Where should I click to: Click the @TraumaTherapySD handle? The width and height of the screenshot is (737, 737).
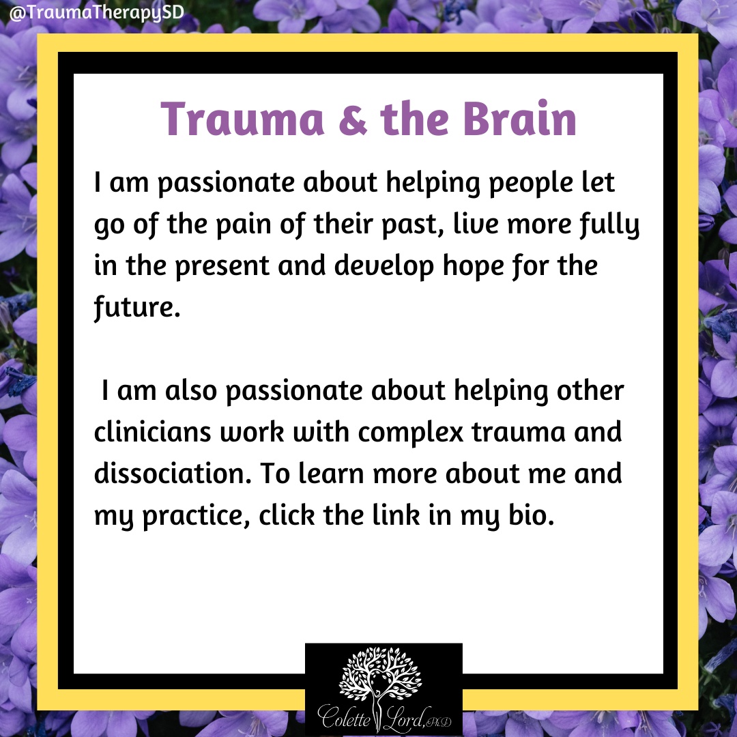coord(96,13)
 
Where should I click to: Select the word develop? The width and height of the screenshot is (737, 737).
coord(384,266)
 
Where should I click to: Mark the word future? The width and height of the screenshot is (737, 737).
coord(136,308)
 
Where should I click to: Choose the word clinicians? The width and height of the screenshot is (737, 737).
coord(152,433)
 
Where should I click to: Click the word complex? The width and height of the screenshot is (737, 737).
coord(411,433)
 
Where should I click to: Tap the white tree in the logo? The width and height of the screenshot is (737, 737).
coord(380,677)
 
